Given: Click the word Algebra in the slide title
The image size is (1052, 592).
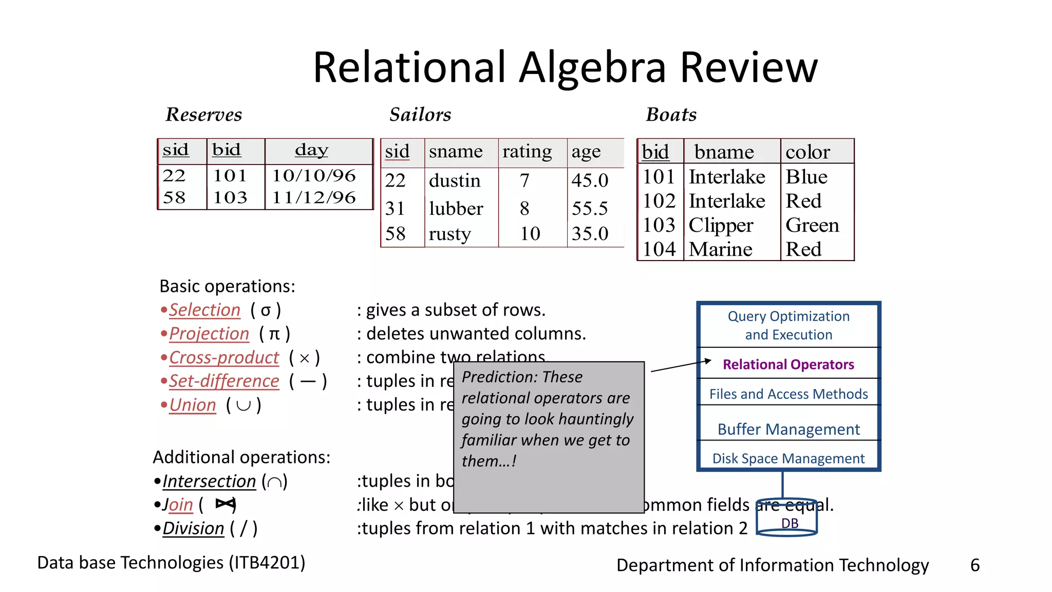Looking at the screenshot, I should coord(592,68).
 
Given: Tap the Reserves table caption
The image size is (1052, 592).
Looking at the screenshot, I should coord(203,115).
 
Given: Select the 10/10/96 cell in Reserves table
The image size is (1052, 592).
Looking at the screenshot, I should coord(313,176).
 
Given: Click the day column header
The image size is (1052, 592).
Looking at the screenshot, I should coord(311,150).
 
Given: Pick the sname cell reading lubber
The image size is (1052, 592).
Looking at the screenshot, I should coord(456,209).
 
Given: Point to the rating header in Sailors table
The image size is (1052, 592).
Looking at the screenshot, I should coord(527,152).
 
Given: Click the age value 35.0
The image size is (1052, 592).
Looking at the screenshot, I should coord(590,234).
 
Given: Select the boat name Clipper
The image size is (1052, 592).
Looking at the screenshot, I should coord(721,225).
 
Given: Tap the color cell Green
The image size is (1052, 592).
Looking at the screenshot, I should coord(812,225).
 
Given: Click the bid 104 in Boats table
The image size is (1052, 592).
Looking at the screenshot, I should coord(659,249).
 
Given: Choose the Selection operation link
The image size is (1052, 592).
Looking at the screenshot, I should coord(204,310).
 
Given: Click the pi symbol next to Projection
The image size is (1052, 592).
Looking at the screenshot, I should coord(275,334).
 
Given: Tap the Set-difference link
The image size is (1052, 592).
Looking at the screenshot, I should coord(224,381).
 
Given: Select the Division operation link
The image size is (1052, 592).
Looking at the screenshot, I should coord(193,528).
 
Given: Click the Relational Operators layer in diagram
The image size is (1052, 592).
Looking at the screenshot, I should coord(788,364).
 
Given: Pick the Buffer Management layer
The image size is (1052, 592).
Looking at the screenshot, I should coord(788,429).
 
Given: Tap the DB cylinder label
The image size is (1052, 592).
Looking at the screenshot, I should coord(790,523).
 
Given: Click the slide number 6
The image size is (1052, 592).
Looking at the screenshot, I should coord(974,565).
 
